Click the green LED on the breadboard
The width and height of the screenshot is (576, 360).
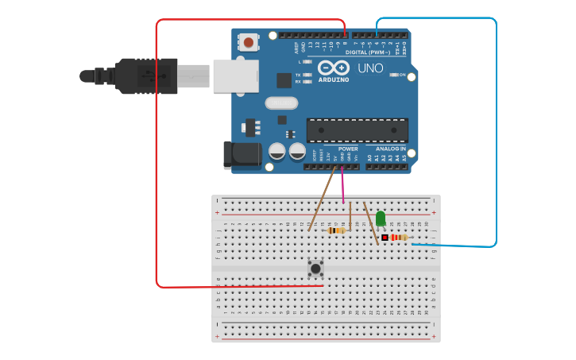coord(381,218)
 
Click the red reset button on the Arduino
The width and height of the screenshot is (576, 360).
coord(249,42)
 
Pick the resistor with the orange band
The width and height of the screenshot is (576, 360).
coord(338,230)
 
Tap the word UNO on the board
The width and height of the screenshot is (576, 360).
coord(370,68)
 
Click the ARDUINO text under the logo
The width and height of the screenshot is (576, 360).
coord(334,79)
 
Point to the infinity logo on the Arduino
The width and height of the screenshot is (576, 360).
coord(334,68)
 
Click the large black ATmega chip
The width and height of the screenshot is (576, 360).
coord(357,130)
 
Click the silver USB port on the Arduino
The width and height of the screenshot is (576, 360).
coord(234,75)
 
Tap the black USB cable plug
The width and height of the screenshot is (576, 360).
coord(147,75)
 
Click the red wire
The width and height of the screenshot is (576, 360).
coord(157,159)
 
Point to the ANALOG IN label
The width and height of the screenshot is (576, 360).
coord(386,149)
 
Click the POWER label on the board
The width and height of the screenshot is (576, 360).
coord(348,149)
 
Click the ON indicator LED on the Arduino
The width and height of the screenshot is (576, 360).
coord(394,75)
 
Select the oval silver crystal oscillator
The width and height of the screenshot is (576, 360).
coord(281,103)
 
